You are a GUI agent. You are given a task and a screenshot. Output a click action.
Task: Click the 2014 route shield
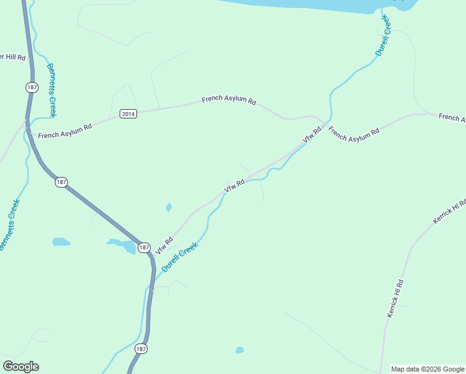click(x=128, y=113)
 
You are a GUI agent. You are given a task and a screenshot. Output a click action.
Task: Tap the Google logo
click(x=21, y=367)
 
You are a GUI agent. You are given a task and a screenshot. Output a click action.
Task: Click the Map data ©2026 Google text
click(x=427, y=369)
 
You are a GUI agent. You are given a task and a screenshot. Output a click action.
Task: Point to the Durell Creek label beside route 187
click(x=180, y=256)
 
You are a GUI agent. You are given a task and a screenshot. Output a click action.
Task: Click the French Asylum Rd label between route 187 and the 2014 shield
click(x=65, y=131)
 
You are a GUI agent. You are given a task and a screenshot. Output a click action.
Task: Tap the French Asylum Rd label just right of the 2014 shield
click(x=229, y=100)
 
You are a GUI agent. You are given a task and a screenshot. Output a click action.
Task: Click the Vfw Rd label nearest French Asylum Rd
click(x=311, y=135)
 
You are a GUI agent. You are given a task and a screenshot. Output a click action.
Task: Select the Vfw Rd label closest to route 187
click(x=164, y=244)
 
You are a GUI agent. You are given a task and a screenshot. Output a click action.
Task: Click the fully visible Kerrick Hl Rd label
click(x=396, y=299)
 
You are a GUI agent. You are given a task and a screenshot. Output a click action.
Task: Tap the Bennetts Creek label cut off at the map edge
click(x=10, y=225)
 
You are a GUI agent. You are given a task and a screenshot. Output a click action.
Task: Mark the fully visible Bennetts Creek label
click(x=52, y=90)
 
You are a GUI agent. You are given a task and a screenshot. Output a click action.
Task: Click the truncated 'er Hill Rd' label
click(x=12, y=57)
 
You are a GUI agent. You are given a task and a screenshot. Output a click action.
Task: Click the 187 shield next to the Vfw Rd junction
click(x=144, y=247)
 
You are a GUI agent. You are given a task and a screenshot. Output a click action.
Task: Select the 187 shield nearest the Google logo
click(x=141, y=349)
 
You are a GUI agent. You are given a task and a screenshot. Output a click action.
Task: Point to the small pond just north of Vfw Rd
click(x=169, y=208)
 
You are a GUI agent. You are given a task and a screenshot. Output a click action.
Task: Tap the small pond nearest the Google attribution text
click(x=240, y=350)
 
